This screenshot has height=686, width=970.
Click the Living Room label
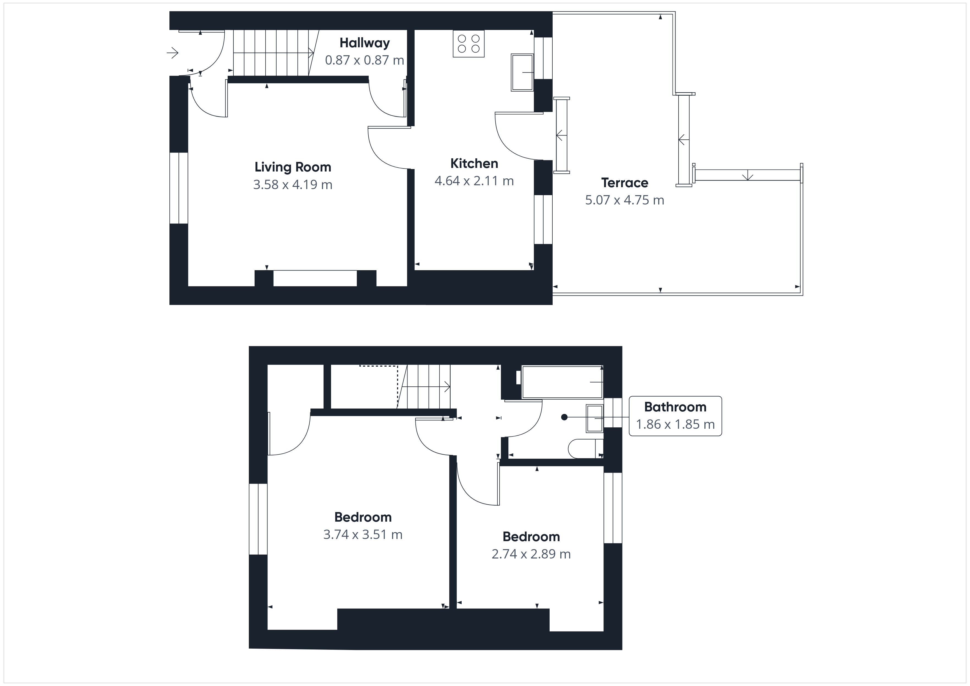(x=293, y=167)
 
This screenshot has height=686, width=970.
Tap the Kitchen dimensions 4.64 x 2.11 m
(x=474, y=181)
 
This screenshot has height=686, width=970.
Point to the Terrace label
(x=624, y=182)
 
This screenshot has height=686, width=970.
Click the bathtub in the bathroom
(x=562, y=382)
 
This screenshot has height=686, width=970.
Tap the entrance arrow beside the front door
(x=172, y=53)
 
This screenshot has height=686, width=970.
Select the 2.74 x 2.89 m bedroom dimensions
(x=531, y=554)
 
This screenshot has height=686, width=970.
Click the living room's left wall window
(x=179, y=188)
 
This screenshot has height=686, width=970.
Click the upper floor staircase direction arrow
(x=426, y=386)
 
